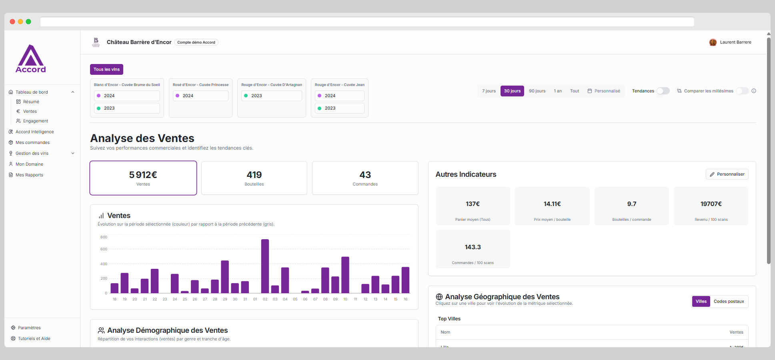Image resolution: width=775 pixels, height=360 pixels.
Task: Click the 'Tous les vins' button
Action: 106,69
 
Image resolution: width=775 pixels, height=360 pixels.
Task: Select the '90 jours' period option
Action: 537,91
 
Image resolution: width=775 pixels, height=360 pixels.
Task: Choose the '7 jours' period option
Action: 489,91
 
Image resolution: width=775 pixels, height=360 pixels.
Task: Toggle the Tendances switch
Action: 663,91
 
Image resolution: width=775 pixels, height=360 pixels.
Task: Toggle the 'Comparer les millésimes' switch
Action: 742,91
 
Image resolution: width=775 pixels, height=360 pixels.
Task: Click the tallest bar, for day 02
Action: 265,266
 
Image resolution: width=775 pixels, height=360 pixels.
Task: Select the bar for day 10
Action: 345,275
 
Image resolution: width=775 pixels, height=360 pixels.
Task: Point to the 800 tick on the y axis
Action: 104,237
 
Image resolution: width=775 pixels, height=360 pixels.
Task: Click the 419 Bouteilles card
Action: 254,178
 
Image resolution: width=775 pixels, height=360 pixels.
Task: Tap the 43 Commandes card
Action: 365,178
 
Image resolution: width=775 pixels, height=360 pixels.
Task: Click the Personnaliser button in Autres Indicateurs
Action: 727,174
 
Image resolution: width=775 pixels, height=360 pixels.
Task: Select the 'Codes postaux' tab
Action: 729,301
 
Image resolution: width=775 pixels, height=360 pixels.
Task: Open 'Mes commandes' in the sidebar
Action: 32,142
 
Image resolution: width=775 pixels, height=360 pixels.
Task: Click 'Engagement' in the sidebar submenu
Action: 36,121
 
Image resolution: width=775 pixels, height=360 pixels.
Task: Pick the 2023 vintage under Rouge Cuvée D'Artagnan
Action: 271,96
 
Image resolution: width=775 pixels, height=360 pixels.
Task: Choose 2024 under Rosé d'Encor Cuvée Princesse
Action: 200,96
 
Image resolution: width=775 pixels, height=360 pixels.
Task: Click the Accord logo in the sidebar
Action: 31,59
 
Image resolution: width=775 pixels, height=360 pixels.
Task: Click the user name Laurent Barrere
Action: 735,42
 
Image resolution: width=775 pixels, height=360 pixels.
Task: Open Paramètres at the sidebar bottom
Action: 29,328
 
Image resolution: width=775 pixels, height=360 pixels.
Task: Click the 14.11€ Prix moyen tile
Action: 552,206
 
